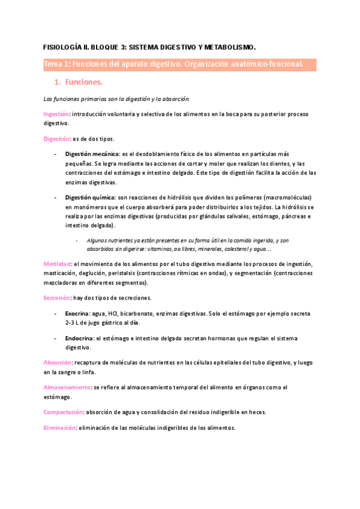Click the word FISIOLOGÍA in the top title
63,46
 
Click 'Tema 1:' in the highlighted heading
56,64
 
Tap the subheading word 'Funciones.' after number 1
85,82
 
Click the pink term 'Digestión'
56,139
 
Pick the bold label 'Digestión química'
91,197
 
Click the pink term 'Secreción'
56,298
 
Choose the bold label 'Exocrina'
76,313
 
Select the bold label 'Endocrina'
78,339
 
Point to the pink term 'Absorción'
58,363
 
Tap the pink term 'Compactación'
63,412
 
